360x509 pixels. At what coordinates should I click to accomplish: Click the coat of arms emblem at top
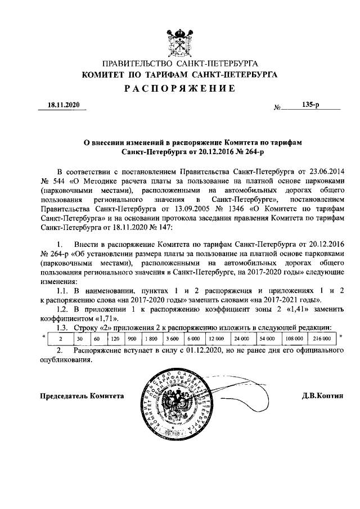coord(179,40)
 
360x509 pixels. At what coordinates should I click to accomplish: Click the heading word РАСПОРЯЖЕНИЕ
coord(179,88)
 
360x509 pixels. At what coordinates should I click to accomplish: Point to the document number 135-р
coord(310,105)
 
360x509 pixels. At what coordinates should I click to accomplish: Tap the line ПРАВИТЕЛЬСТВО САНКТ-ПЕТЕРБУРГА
coord(179,64)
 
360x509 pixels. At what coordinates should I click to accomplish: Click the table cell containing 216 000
coord(322,339)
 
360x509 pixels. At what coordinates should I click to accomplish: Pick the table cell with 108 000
coord(294,339)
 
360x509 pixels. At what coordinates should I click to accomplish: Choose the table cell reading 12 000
coord(217,339)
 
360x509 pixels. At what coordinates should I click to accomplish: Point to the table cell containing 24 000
coord(242,339)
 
